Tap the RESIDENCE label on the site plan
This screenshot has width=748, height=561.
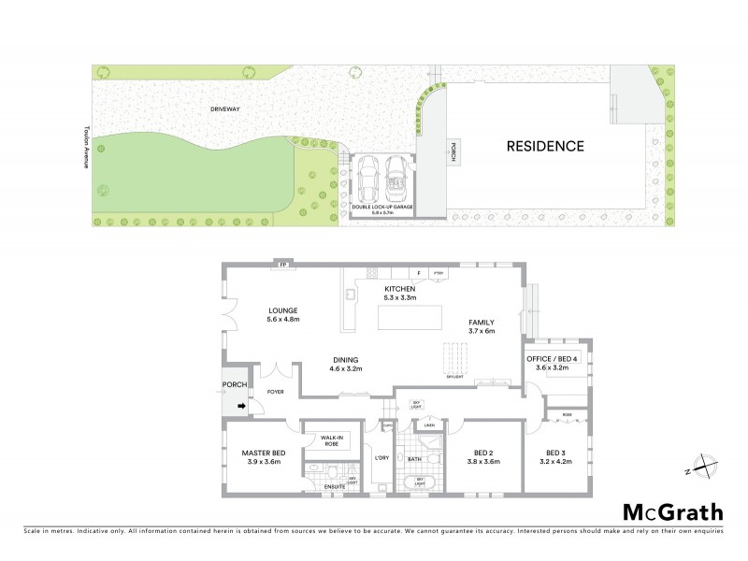pyautogui.click(x=545, y=146)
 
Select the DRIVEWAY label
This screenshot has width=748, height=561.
pyautogui.click(x=225, y=110)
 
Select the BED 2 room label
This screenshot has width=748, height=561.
pyautogui.click(x=482, y=456)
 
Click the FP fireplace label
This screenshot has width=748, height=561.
pyautogui.click(x=281, y=266)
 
